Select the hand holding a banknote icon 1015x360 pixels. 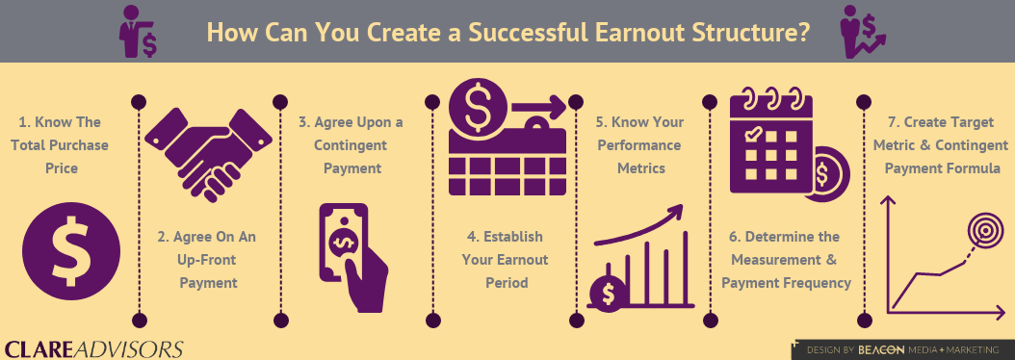click(351, 257)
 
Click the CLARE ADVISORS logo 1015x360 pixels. click(93, 348)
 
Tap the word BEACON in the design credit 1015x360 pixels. click(880, 349)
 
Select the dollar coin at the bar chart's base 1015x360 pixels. click(610, 292)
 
